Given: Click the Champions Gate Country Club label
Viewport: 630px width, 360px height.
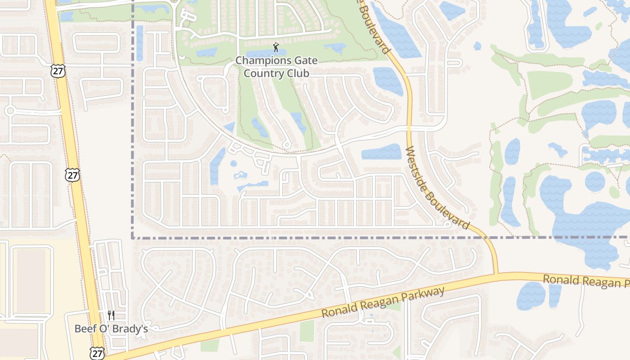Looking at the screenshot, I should coord(276,67).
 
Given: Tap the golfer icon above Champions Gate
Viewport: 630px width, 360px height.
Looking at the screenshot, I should coord(276,47).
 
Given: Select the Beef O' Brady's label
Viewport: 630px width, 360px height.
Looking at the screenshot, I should coord(111,329).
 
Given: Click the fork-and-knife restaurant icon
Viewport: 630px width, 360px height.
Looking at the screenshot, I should coord(111,315).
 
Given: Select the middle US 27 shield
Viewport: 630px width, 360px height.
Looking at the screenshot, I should coord(72,175).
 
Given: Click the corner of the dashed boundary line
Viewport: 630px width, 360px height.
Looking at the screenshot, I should coord(133,237).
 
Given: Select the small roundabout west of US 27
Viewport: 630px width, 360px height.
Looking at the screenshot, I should coord(10,110).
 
